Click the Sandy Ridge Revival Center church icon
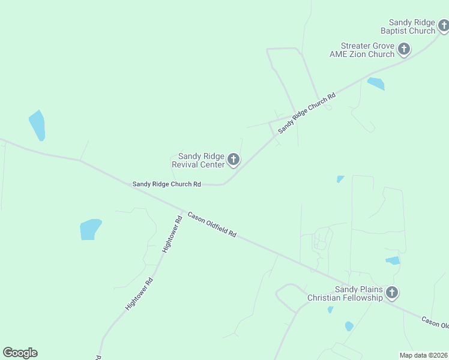click(234, 160)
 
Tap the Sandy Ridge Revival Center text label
click(198, 160)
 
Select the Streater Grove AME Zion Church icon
click(404, 49)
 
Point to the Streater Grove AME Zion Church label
click(362, 50)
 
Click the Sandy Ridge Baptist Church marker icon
click(444, 25)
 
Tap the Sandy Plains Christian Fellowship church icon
click(392, 293)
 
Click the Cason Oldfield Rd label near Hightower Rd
click(212, 224)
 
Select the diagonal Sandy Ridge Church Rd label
click(306, 111)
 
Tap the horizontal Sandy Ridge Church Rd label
click(166, 184)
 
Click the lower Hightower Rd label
click(139, 293)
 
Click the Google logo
click(20, 353)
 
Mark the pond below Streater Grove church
click(376, 83)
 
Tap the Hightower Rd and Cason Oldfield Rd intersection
click(182, 211)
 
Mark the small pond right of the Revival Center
click(340, 179)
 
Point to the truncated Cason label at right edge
click(435, 322)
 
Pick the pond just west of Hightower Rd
click(90, 229)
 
